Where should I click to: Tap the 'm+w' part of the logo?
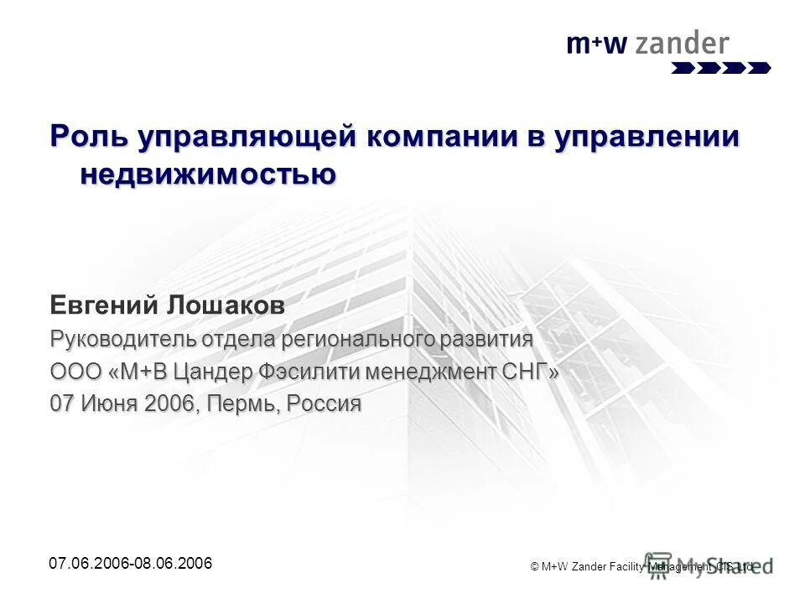pyautogui.click(x=596, y=44)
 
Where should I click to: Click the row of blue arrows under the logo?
pyautogui.click(x=720, y=68)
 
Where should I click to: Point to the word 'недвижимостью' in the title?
pyautogui.click(x=208, y=174)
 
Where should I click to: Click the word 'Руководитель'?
pyautogui.click(x=123, y=340)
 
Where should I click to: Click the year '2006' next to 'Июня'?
pyautogui.click(x=171, y=404)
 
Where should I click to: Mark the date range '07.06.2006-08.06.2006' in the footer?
pyautogui.click(x=131, y=563)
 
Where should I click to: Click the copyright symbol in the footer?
pyautogui.click(x=535, y=568)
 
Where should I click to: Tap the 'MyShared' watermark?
pyautogui.click(x=709, y=564)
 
